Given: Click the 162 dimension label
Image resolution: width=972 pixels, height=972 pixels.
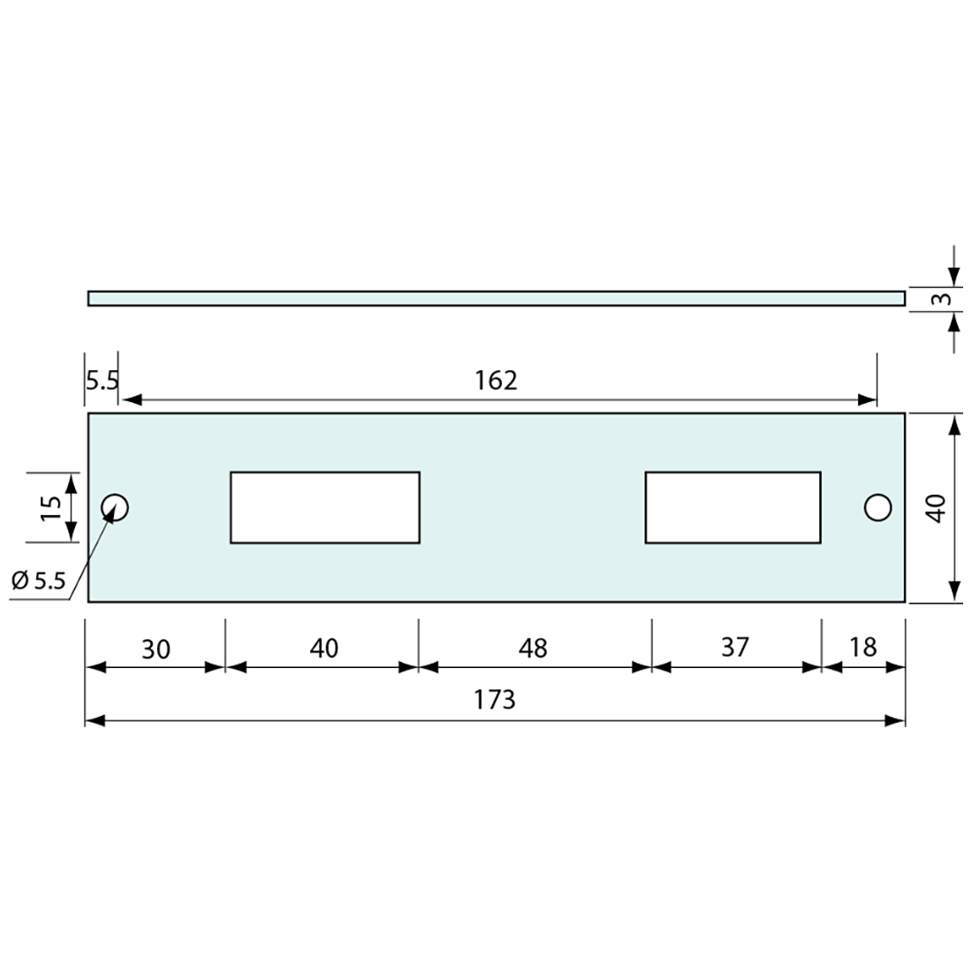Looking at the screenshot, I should point(495,380).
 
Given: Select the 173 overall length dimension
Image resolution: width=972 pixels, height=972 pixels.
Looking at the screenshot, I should point(494,700).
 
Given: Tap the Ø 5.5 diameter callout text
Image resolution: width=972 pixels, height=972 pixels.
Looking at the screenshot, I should point(39,581).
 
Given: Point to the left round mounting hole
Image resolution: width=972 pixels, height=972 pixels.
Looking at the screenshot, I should point(115,507).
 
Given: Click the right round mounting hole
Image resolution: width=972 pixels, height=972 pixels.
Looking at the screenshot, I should point(877,507).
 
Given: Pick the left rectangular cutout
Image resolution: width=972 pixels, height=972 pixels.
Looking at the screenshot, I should point(324,507).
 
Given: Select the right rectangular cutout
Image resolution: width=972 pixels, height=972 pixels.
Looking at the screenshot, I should point(733,507).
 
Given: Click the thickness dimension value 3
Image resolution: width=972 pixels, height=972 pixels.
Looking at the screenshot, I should point(944,299).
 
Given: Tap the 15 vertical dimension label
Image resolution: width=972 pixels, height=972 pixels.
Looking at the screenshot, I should point(50,507).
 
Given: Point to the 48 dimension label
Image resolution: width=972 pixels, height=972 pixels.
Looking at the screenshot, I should point(533,649).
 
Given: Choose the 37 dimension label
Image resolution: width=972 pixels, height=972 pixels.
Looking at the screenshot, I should point(734,648).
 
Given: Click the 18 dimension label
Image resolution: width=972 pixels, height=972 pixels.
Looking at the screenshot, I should point(862,648).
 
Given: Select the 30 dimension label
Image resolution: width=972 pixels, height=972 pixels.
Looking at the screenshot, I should point(156,649).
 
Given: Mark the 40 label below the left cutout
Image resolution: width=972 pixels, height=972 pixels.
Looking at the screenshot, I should point(323,649).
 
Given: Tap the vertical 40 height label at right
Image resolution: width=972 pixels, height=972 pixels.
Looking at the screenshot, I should point(937,507).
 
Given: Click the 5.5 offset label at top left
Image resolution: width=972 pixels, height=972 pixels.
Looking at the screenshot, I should point(102,381).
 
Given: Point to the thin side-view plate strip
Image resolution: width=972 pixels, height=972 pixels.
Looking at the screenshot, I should point(496,299).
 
